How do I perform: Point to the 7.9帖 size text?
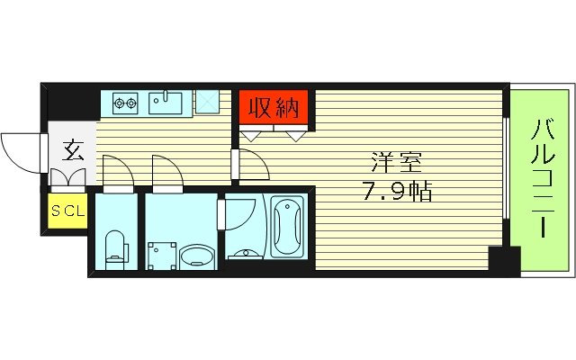click(x=397, y=191)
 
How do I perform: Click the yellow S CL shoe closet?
click(x=67, y=211)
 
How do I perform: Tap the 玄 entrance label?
click(x=72, y=150)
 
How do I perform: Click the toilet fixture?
click(x=115, y=247)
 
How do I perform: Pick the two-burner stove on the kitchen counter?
click(x=125, y=103)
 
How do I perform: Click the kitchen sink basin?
click(x=166, y=103)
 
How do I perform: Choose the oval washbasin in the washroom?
click(x=195, y=257)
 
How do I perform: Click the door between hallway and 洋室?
click(x=250, y=165)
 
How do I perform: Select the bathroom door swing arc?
click(x=239, y=216)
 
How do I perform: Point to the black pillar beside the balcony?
click(x=504, y=261)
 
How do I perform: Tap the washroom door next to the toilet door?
click(x=166, y=173)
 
